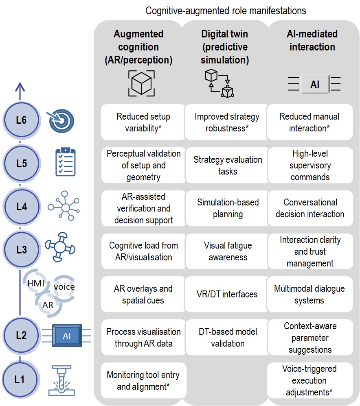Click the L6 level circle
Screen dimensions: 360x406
(21, 120)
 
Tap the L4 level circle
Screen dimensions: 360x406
(21, 206)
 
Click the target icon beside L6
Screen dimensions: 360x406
(61, 121)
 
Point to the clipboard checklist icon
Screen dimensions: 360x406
(66, 162)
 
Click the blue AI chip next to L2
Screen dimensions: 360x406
(67, 336)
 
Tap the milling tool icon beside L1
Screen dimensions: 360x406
(61, 380)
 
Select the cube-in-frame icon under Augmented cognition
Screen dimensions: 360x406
(141, 83)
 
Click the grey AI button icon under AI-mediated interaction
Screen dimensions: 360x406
(314, 84)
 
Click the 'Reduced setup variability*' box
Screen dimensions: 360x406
(143, 122)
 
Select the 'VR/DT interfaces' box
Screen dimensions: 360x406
(227, 294)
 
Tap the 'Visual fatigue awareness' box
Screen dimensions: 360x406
(228, 251)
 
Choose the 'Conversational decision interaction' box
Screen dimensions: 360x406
(310, 208)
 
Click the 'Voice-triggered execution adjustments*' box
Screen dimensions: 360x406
(310, 380)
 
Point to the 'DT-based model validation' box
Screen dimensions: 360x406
(228, 337)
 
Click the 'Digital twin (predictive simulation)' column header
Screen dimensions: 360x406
(225, 47)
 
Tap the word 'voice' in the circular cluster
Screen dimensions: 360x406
(64, 287)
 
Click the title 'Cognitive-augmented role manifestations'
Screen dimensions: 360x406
(226, 11)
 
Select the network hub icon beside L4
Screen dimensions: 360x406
(64, 206)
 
